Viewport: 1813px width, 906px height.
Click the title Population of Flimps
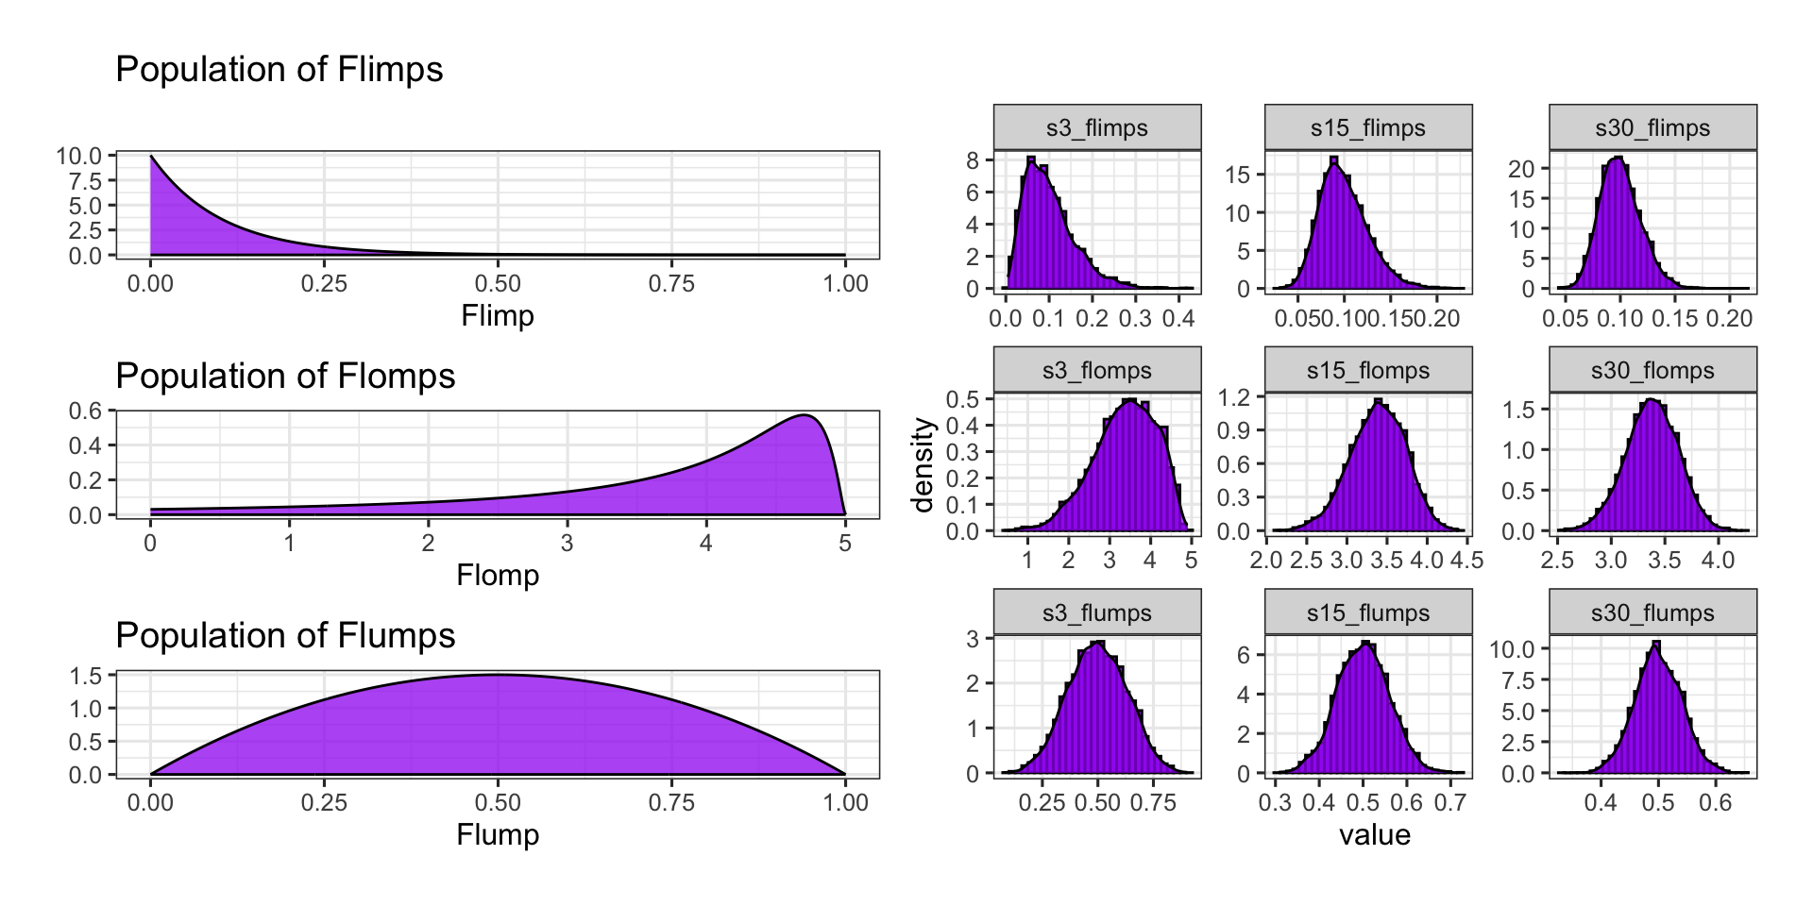click(279, 70)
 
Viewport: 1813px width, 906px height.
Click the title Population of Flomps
click(285, 377)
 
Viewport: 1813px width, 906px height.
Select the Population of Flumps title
click(285, 636)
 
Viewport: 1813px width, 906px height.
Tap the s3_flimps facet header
click(1096, 127)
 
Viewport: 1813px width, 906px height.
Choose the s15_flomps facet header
click(1368, 370)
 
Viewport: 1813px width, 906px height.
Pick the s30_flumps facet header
click(1652, 612)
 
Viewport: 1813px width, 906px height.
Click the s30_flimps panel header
click(1652, 127)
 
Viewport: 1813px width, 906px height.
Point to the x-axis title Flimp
click(498, 315)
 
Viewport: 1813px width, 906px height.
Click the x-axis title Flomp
click(498, 575)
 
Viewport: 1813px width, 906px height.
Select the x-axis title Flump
click(498, 834)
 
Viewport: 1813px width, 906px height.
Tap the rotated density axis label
click(923, 464)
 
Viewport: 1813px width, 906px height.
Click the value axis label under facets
click(1375, 834)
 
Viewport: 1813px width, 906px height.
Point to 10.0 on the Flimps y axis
click(79, 156)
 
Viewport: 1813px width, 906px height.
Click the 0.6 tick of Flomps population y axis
click(85, 411)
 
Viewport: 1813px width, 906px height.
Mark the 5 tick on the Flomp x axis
click(845, 543)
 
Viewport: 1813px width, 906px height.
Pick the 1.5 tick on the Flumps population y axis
click(85, 675)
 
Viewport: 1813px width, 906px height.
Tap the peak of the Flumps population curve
click(498, 675)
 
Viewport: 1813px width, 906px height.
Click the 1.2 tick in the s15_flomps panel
click(1234, 397)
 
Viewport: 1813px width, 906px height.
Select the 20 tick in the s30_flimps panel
click(1520, 169)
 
